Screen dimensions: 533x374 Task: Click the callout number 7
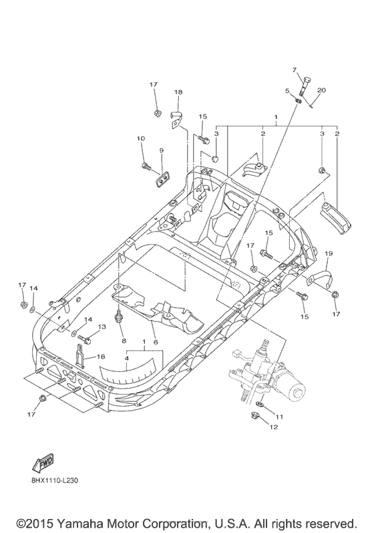pyautogui.click(x=293, y=70)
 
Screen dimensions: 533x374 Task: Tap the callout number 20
pyautogui.click(x=322, y=90)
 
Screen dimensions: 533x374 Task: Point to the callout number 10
pyautogui.click(x=141, y=138)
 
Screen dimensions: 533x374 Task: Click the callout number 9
pyautogui.click(x=161, y=150)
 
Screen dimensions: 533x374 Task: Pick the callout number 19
pyautogui.click(x=328, y=253)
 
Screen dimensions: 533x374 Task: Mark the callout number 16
pyautogui.click(x=102, y=357)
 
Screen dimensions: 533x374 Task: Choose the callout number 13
pyautogui.click(x=102, y=326)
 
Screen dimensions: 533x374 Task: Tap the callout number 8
pyautogui.click(x=123, y=340)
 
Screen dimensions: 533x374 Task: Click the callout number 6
pyautogui.click(x=155, y=341)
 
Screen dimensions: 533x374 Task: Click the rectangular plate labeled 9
pyautogui.click(x=162, y=176)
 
